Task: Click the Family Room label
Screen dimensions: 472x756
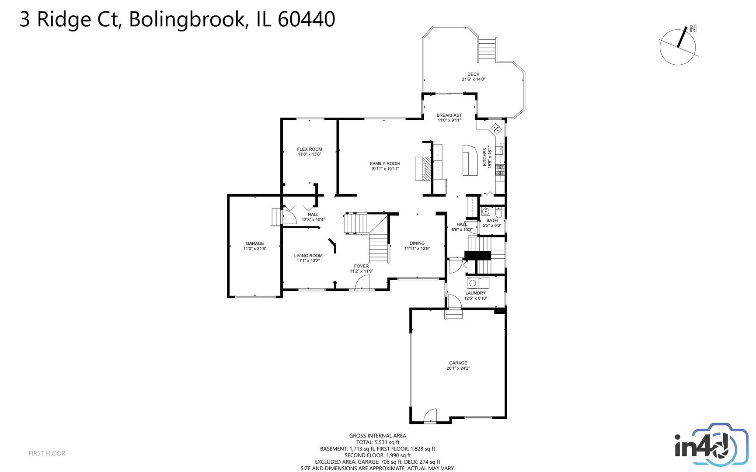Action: click(x=385, y=163)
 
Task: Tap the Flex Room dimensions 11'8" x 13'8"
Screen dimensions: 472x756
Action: click(x=310, y=154)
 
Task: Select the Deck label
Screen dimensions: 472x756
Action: click(x=473, y=74)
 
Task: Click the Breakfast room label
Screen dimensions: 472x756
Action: click(x=449, y=115)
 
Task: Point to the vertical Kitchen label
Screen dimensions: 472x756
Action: click(x=484, y=156)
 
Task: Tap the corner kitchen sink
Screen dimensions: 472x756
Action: click(x=496, y=128)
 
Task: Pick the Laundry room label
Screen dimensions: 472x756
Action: click(x=475, y=293)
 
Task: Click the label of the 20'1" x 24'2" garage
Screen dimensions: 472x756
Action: click(x=458, y=363)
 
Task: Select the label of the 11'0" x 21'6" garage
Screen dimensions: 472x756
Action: click(x=254, y=243)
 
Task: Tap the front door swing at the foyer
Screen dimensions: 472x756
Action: click(x=362, y=284)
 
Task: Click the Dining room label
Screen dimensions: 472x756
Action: click(x=417, y=243)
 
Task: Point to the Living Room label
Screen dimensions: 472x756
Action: click(x=308, y=256)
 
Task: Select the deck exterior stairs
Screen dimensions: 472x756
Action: click(x=487, y=49)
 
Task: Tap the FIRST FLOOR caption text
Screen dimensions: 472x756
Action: click(x=47, y=453)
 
